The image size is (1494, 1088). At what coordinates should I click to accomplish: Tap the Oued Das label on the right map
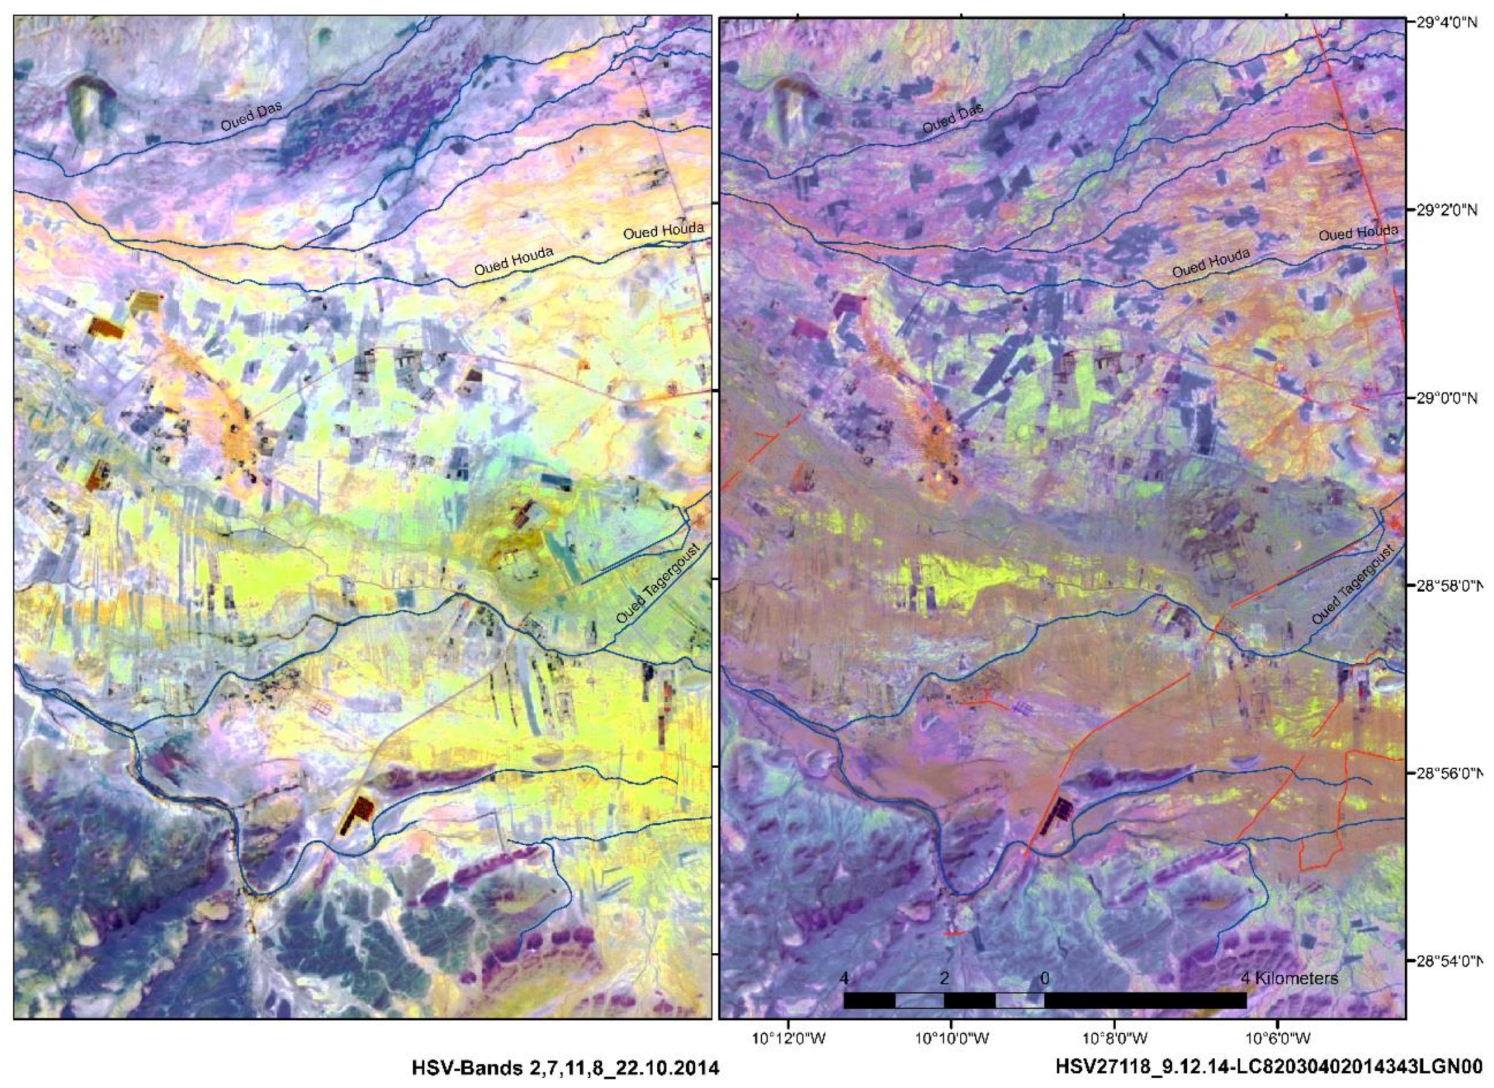(x=952, y=117)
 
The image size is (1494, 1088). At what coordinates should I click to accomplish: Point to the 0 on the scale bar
(x=1045, y=978)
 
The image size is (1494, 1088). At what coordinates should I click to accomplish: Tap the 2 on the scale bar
(x=944, y=978)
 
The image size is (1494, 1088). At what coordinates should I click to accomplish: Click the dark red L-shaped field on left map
(x=356, y=814)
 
